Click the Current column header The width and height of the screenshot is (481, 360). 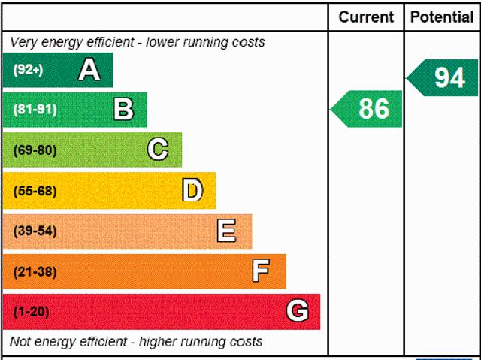pyautogui.click(x=366, y=17)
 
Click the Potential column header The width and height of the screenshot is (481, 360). pyautogui.click(x=442, y=17)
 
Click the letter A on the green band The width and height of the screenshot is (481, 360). pyautogui.click(x=89, y=70)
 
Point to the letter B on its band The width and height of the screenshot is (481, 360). pyautogui.click(x=123, y=110)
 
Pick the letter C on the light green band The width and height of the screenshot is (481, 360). pyautogui.click(x=157, y=150)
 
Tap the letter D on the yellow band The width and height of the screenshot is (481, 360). pyautogui.click(x=192, y=191)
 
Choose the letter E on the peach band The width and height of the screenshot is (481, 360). pyautogui.click(x=226, y=231)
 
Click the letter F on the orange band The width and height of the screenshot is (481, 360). pyautogui.click(x=261, y=271)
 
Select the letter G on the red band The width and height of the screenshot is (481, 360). pyautogui.click(x=297, y=311)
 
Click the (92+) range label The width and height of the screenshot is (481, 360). pyautogui.click(x=28, y=70)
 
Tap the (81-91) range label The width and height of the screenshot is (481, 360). pyautogui.click(x=35, y=110)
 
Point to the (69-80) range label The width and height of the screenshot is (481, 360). pyautogui.click(x=35, y=150)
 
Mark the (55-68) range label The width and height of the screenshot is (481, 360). pyautogui.click(x=35, y=191)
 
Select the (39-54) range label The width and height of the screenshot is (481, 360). pyautogui.click(x=35, y=231)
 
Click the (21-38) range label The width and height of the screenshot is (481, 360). pyautogui.click(x=35, y=271)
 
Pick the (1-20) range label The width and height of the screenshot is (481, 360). pyautogui.click(x=31, y=311)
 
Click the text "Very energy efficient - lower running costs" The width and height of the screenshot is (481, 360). pyautogui.click(x=138, y=42)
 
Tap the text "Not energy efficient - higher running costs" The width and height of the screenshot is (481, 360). pyautogui.click(x=136, y=342)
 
